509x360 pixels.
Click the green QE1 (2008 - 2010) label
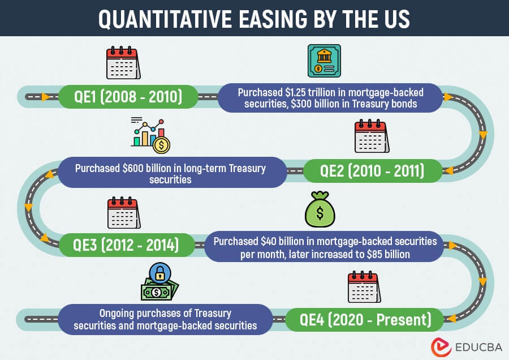(128, 97)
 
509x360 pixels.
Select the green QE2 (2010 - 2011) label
(373, 171)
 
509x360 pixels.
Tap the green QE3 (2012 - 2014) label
(126, 245)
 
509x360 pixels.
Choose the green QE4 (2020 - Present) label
(365, 320)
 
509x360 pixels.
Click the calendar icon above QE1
(123, 63)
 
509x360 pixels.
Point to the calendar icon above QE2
(372, 136)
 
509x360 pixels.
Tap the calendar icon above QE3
(124, 212)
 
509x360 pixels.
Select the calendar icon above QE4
(364, 286)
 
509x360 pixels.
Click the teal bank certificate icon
(324, 61)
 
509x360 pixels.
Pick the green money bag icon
(320, 209)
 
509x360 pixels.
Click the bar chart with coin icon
(150, 135)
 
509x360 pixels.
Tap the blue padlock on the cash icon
(159, 273)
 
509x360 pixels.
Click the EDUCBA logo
(467, 347)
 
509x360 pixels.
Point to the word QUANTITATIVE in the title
(165, 19)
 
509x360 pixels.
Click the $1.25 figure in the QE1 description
(295, 92)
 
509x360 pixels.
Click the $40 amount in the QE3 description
(269, 241)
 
